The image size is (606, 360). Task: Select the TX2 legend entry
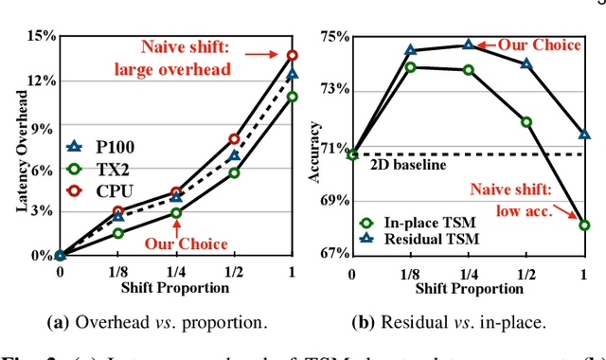click(x=102, y=170)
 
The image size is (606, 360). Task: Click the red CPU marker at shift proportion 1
click(x=293, y=55)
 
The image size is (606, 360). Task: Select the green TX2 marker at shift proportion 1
click(x=293, y=96)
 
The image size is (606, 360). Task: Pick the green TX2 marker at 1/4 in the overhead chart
click(x=176, y=213)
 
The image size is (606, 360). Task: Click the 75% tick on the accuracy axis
click(x=335, y=37)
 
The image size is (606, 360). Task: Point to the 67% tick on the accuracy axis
click(x=335, y=255)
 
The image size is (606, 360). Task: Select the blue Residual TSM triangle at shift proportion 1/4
click(x=469, y=45)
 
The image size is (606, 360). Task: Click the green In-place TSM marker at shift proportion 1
click(x=584, y=225)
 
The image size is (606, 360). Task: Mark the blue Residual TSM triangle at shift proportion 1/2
click(x=526, y=64)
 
